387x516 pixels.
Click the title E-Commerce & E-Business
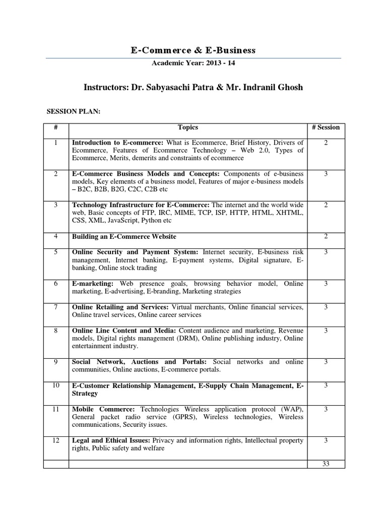pyautogui.click(x=193, y=50)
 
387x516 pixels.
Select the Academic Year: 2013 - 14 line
pyautogui.click(x=193, y=63)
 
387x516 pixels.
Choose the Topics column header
pyautogui.click(x=188, y=127)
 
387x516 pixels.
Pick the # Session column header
pyautogui.click(x=326, y=127)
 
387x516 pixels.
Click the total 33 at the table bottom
pyautogui.click(x=326, y=464)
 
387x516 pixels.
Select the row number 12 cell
pyautogui.click(x=56, y=440)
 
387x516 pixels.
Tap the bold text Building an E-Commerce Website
pyautogui.click(x=124, y=236)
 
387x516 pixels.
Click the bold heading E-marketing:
pyautogui.click(x=93, y=284)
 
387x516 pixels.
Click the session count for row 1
pyautogui.click(x=326, y=143)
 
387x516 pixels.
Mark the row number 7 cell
pyautogui.click(x=56, y=307)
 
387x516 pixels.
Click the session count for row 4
pyautogui.click(x=326, y=236)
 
